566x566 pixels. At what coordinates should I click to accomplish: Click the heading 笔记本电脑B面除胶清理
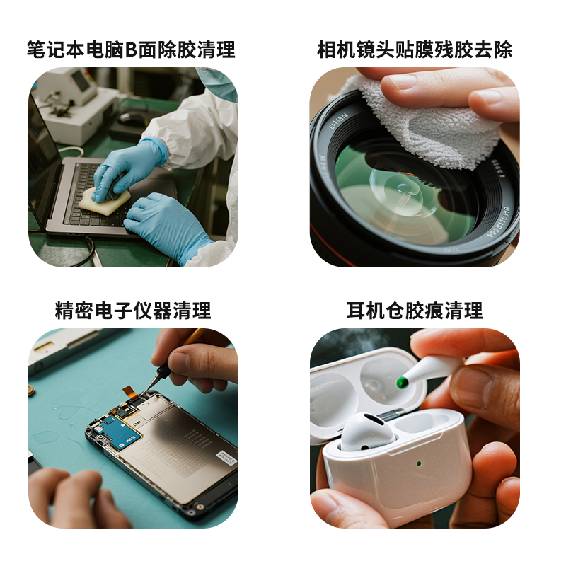131,50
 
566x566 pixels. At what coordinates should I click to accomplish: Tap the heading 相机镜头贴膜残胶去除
415,50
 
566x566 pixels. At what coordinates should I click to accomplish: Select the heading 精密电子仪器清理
133,311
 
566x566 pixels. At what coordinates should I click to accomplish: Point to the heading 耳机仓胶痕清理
415,311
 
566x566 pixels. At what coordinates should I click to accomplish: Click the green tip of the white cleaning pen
402,382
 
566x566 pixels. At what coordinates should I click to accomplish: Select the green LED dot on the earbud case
419,463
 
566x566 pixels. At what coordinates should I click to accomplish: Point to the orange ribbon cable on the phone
131,393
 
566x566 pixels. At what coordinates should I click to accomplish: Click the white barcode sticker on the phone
227,457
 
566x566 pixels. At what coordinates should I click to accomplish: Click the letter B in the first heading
132,50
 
